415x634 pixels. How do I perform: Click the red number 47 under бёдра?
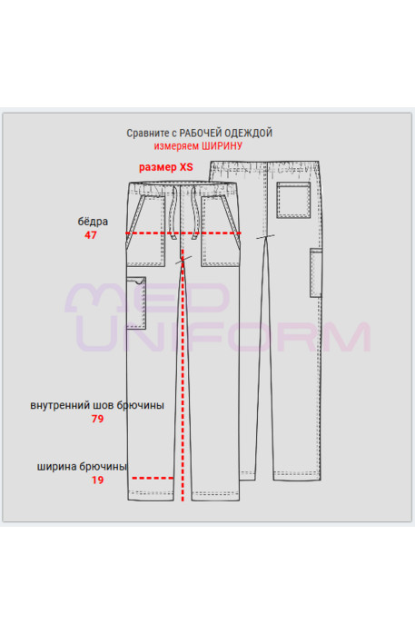[x=91, y=235]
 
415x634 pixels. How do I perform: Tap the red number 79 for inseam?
[x=97, y=419]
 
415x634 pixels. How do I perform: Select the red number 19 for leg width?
[x=97, y=480]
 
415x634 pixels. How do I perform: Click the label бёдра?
[x=93, y=221]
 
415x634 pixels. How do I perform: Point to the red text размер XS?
[x=166, y=167]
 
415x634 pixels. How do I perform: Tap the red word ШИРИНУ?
[x=222, y=146]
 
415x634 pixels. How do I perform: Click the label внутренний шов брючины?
[x=97, y=405]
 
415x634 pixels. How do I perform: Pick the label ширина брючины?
[x=82, y=467]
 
